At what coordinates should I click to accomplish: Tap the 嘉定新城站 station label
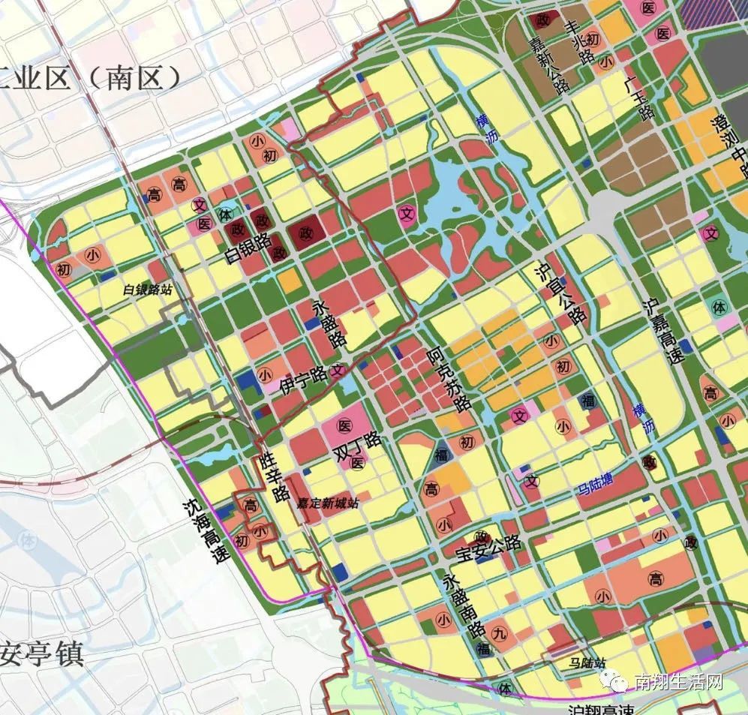tap(327, 503)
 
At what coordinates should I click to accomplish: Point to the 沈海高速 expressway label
tap(204, 532)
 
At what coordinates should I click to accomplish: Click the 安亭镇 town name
tap(41, 654)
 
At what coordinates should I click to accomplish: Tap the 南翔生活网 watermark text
tap(677, 683)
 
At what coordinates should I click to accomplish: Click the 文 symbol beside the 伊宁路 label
tap(338, 370)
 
